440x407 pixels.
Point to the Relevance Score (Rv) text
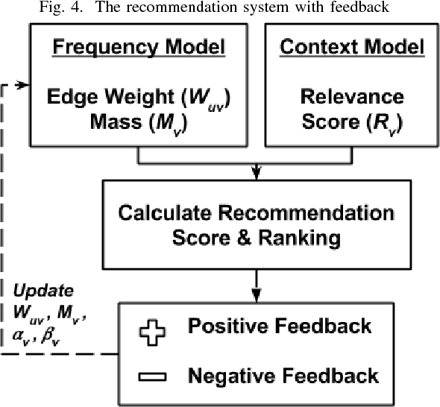(343, 110)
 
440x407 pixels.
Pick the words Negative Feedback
(284, 375)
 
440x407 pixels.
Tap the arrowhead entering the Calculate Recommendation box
(256, 172)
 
